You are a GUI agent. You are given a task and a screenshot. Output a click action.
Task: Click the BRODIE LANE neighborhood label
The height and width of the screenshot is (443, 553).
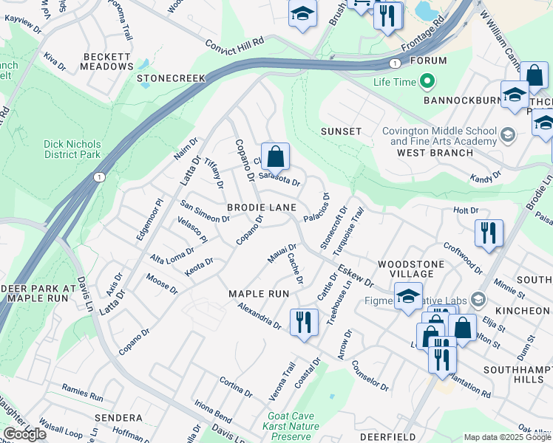pos(262,208)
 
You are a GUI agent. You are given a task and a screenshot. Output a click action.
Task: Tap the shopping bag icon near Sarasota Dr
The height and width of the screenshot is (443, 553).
pos(275,157)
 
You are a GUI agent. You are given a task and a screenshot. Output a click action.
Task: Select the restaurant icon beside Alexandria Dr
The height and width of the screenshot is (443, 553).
pos(304,322)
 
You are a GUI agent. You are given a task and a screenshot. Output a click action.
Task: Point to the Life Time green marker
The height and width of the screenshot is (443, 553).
pos(427,81)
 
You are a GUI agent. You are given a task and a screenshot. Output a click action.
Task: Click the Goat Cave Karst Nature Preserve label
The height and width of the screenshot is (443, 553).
pos(291,426)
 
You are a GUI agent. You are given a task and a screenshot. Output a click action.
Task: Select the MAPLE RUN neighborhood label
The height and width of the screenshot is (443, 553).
pos(258,294)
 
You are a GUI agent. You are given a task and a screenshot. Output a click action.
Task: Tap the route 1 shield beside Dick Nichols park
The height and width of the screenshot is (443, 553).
pos(99,177)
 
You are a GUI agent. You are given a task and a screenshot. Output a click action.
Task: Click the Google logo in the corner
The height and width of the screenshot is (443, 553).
pos(24,433)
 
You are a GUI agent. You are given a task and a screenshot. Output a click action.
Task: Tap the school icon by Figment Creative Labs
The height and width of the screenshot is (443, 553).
pos(408,296)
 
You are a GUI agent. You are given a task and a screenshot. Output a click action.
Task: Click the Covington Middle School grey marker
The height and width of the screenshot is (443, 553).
pos(507,134)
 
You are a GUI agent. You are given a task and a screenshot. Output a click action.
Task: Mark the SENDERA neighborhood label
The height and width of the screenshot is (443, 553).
pos(118,418)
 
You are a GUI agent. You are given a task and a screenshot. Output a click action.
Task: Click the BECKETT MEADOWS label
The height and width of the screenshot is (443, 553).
pos(108,61)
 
